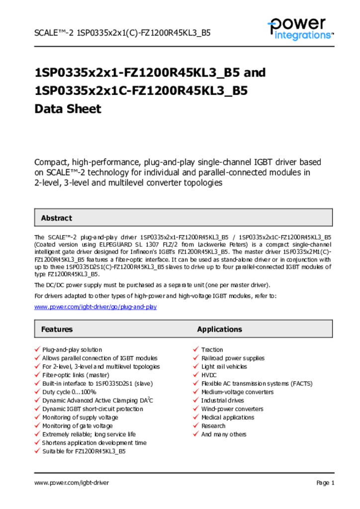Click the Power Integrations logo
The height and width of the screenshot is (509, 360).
[300, 29]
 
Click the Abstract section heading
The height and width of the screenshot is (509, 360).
[56, 218]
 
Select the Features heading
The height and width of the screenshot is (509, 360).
[57, 329]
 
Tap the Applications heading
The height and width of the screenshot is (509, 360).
[219, 329]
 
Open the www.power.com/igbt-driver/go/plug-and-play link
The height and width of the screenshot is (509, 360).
[95, 307]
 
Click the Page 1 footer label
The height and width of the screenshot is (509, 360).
[325, 483]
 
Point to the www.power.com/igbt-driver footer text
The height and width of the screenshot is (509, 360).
[72, 483]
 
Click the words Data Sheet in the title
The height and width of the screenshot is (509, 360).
[68, 109]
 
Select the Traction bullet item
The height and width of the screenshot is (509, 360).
[212, 350]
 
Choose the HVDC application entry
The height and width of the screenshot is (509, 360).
[209, 375]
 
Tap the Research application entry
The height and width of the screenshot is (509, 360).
[213, 426]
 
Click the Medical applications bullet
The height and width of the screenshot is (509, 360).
[227, 418]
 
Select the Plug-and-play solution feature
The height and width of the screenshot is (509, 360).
[72, 350]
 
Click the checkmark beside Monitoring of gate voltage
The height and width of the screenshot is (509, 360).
[37, 425]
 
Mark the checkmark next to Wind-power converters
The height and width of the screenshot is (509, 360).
[196, 409]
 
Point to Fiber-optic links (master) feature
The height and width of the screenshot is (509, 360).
[75, 375]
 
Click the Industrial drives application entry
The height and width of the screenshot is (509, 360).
[222, 401]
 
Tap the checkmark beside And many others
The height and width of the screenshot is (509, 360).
[196, 434]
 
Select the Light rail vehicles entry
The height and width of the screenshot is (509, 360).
[224, 367]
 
